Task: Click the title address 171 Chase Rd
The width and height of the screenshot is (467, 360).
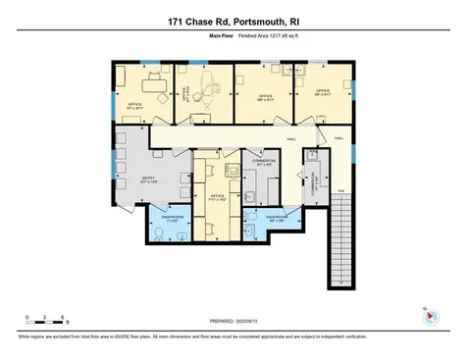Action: point(233,19)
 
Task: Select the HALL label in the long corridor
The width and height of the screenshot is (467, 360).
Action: point(290,138)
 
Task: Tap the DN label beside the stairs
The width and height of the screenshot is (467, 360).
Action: point(341,189)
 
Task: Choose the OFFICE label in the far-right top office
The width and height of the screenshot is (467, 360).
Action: point(322,90)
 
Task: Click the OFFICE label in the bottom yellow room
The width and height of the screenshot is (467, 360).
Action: point(218,195)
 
